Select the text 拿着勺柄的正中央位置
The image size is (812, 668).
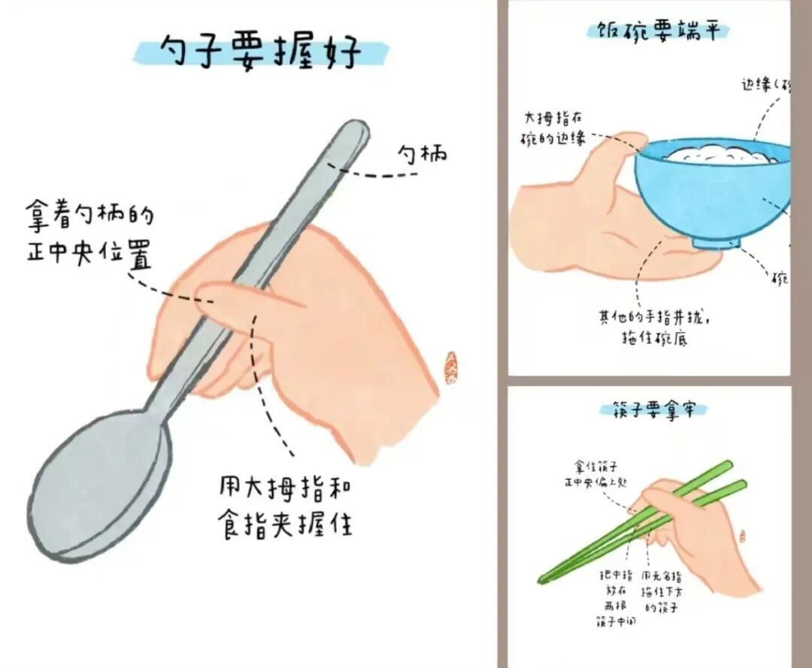(x=89, y=236)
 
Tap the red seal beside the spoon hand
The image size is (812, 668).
(x=451, y=367)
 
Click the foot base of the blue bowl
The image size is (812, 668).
(x=716, y=242)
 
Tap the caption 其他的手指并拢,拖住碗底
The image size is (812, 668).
(x=653, y=328)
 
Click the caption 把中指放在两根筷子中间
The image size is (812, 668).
(x=615, y=597)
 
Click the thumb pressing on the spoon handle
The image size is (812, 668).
(x=248, y=296)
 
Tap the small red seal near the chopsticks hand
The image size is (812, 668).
(x=742, y=536)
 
